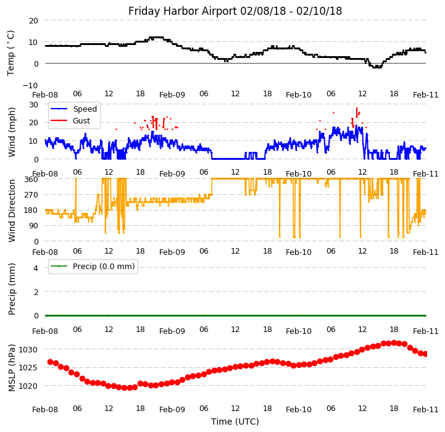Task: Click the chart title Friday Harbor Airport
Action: (235, 11)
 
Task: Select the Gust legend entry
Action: (81, 121)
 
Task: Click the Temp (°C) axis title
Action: (11, 52)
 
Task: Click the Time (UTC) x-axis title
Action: (235, 422)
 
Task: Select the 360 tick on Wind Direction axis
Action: (31, 179)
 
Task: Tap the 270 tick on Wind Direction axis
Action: (31, 194)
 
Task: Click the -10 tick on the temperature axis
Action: (31, 85)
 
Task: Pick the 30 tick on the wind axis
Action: (33, 104)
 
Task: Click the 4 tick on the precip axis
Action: (36, 268)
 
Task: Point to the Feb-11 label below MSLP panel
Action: (426, 409)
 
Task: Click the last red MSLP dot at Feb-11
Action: (425, 354)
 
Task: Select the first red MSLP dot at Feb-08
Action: (50, 362)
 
